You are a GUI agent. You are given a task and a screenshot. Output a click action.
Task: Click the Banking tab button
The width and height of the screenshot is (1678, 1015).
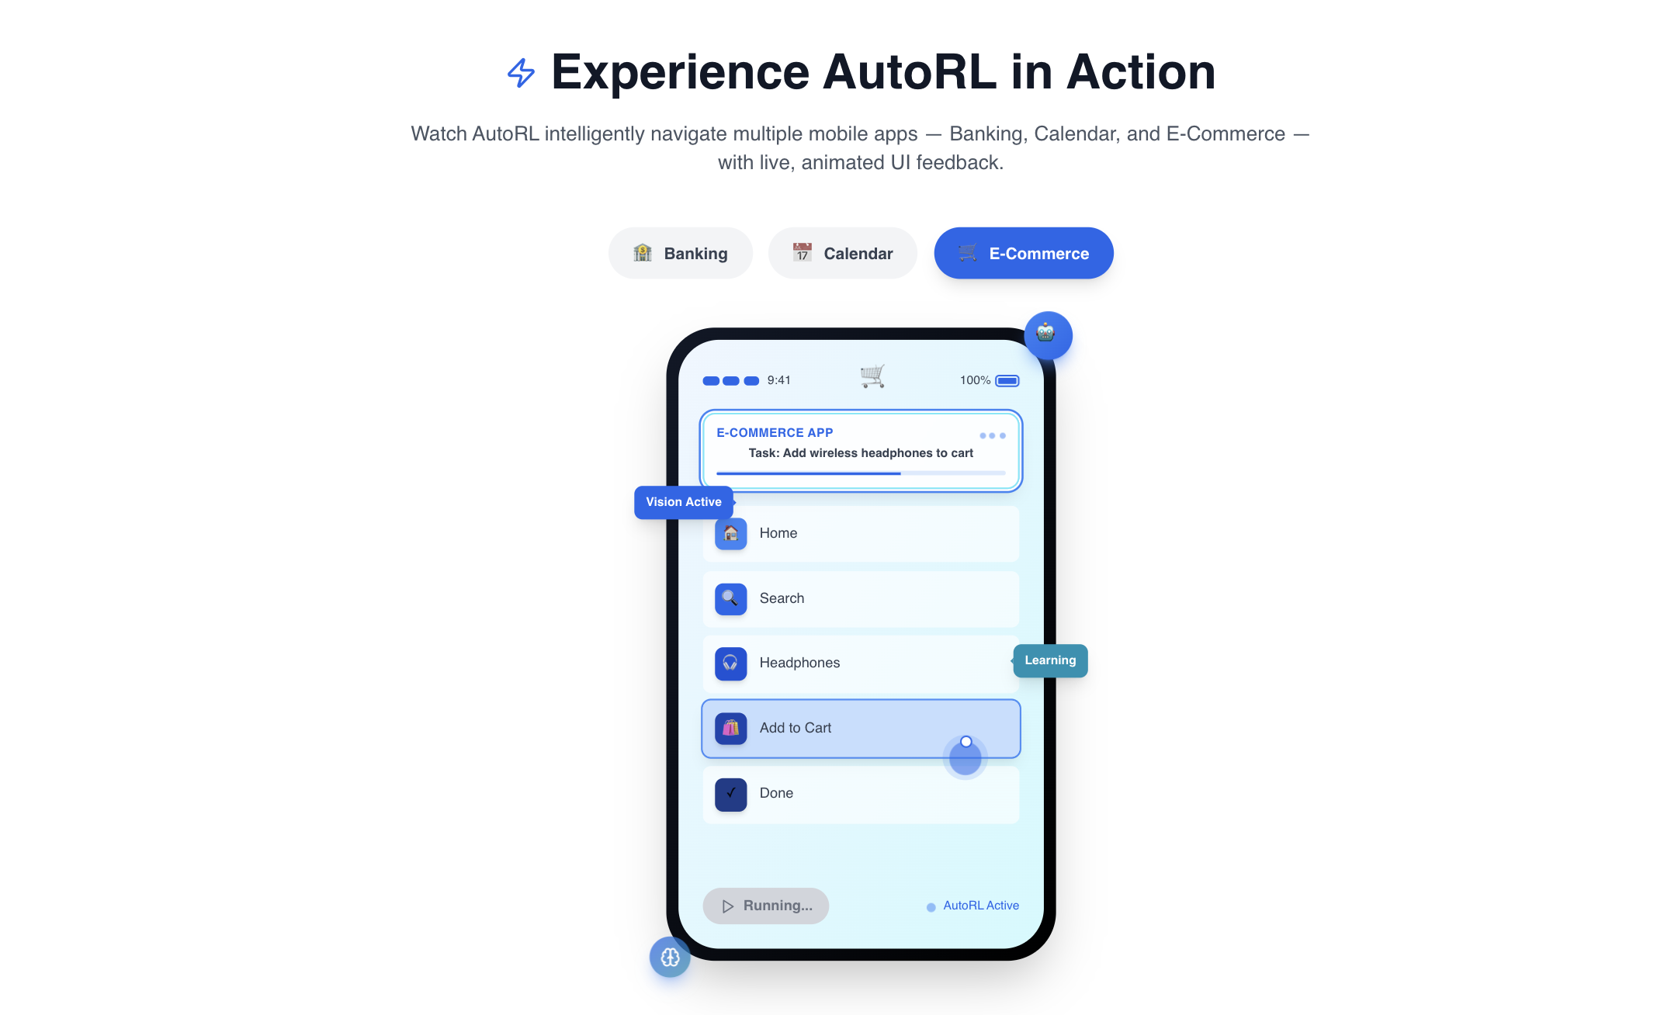point(680,254)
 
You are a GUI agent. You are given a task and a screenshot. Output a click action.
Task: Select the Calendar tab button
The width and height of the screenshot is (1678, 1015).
point(842,254)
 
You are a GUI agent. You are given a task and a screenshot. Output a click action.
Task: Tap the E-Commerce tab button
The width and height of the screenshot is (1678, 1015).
point(1023,254)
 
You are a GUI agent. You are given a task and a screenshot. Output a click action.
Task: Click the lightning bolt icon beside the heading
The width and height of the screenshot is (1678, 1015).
point(521,73)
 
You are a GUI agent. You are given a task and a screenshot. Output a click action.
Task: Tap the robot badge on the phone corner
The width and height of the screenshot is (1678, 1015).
point(1047,334)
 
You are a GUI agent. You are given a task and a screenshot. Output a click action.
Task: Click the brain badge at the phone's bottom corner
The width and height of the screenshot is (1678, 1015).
point(670,957)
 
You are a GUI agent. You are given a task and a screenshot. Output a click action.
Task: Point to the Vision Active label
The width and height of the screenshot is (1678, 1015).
point(683,502)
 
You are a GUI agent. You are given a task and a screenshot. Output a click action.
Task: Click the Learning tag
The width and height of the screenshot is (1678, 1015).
point(1050,660)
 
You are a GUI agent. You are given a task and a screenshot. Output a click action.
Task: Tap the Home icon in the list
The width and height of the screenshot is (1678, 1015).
point(730,534)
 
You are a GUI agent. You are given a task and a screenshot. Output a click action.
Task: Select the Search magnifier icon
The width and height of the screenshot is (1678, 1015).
point(730,598)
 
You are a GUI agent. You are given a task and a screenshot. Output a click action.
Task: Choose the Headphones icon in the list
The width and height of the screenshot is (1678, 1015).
point(730,663)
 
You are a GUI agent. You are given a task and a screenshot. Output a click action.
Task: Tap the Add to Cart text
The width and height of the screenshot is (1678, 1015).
point(795,728)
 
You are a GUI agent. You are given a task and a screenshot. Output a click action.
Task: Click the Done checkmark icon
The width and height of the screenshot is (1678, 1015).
point(730,794)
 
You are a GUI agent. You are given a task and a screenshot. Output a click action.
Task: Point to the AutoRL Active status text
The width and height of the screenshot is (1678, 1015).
point(980,906)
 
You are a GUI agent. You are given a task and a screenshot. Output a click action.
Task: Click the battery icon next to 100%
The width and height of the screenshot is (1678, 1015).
point(1007,380)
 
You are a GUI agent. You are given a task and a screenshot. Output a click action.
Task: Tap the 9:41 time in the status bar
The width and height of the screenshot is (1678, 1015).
point(778,380)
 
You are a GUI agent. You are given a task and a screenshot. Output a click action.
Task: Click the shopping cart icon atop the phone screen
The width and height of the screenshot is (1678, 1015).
point(872,376)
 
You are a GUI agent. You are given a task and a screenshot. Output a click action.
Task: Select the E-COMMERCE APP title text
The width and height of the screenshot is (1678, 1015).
point(774,433)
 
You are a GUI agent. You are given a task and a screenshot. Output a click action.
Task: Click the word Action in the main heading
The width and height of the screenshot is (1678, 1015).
point(1140,72)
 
